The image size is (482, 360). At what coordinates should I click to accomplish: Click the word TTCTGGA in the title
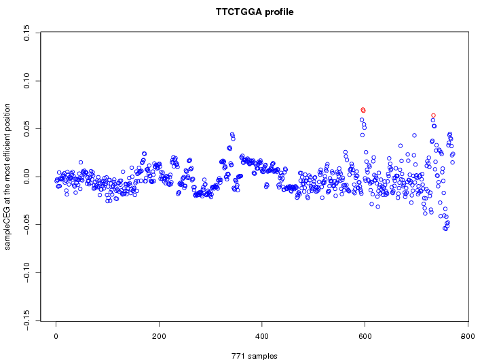pos(237,12)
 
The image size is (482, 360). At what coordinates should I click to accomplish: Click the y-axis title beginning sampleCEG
pos(8,177)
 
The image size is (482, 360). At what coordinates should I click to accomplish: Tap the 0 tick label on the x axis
pos(56,336)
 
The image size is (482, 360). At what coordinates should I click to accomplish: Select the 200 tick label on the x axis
pos(159,336)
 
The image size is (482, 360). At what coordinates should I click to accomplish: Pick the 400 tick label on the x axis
pos(262,336)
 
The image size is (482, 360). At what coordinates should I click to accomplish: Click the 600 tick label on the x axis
pos(365,336)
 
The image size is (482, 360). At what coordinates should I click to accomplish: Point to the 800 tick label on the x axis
pos(468,336)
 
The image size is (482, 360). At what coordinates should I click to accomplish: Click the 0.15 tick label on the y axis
pos(26,33)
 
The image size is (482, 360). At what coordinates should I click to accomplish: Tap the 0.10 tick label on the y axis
pos(26,81)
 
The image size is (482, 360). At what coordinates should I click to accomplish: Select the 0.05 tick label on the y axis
pos(26,128)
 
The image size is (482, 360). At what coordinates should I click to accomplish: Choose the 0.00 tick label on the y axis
pos(26,177)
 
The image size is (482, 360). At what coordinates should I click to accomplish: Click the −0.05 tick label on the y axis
pos(26,225)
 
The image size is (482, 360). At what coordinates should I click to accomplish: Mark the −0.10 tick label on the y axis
pos(26,273)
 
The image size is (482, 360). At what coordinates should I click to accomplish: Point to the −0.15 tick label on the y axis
pos(26,321)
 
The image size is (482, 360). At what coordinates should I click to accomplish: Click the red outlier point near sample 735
pos(433,115)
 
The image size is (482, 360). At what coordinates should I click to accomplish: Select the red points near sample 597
pos(363,110)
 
